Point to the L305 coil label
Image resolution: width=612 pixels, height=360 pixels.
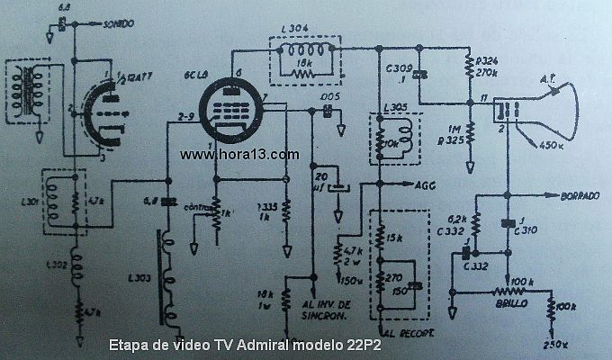pyautogui.click(x=392, y=107)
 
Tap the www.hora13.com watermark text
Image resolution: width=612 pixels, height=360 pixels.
pyautogui.click(x=238, y=155)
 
